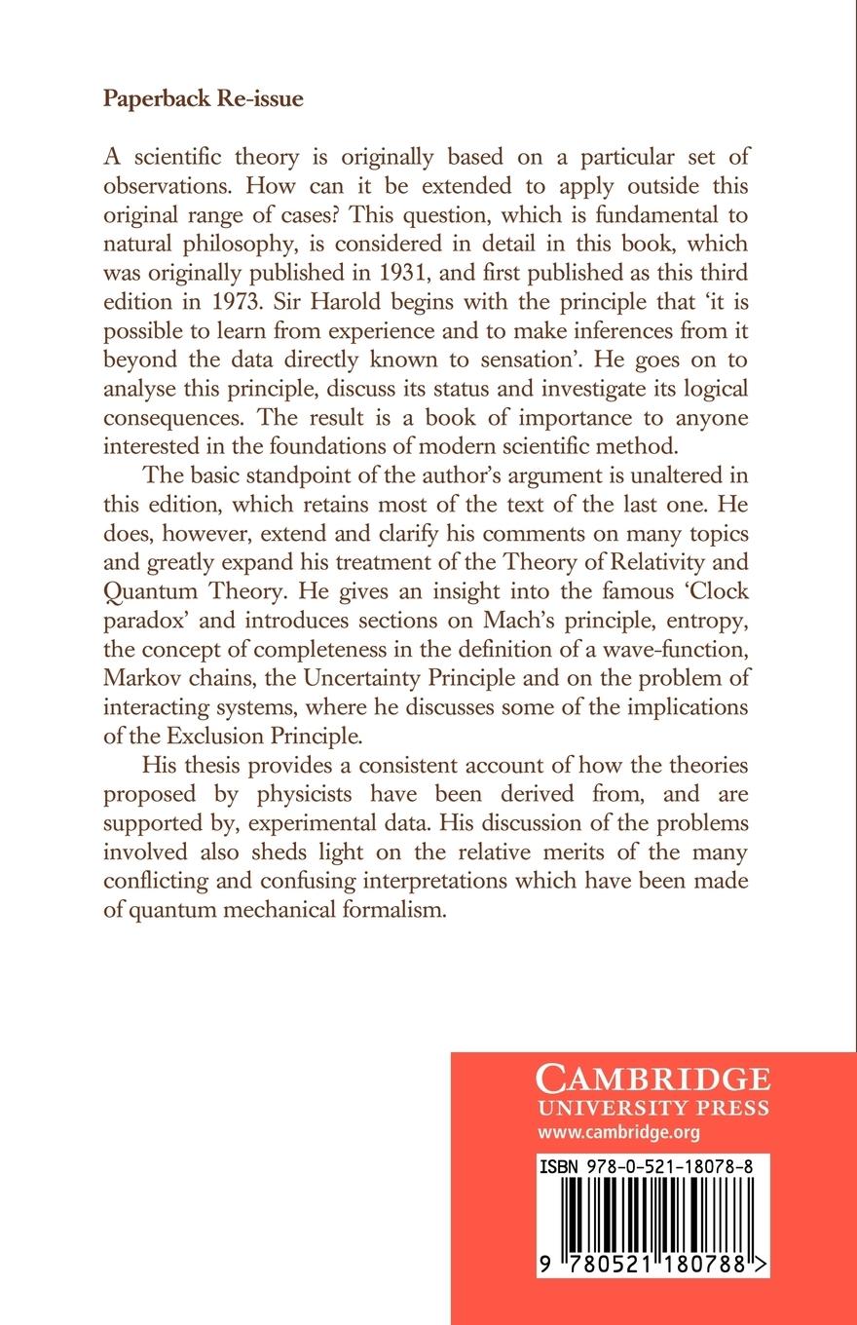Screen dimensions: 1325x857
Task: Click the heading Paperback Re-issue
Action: tap(203, 102)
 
